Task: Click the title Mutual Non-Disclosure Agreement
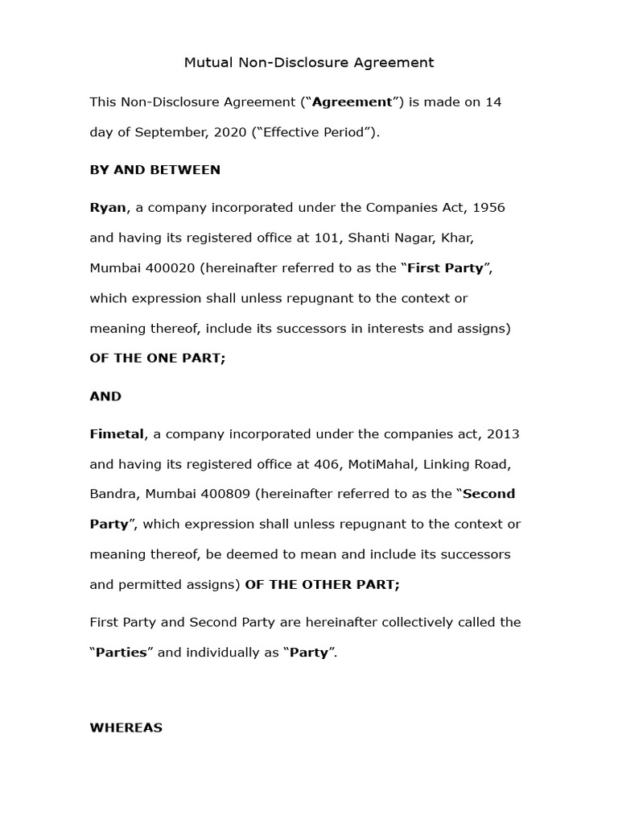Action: pyautogui.click(x=309, y=62)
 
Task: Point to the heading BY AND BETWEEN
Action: pyautogui.click(x=154, y=170)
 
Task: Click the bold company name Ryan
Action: pyautogui.click(x=108, y=208)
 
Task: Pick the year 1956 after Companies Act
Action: pyautogui.click(x=488, y=208)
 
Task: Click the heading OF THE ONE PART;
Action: pyautogui.click(x=158, y=359)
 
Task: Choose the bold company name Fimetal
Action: pyautogui.click(x=117, y=434)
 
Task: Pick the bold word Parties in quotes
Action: pyautogui.click(x=121, y=653)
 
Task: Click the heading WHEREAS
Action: pyautogui.click(x=126, y=728)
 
